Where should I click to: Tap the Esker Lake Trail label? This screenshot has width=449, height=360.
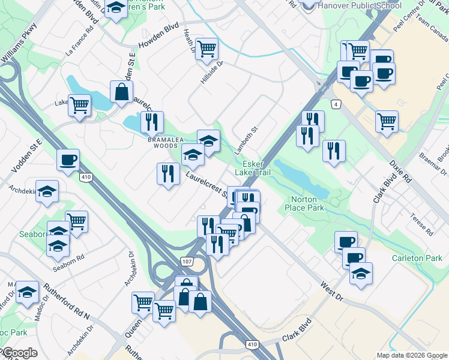(x=261, y=168)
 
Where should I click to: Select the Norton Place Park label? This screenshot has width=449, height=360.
(x=307, y=203)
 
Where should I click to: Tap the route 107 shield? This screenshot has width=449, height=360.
(x=187, y=261)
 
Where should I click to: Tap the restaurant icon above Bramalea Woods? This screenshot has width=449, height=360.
(x=152, y=122)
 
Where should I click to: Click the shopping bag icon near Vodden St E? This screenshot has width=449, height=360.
(x=121, y=92)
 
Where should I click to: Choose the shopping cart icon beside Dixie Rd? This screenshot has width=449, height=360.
(x=387, y=121)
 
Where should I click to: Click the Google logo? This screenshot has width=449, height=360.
(x=20, y=353)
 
